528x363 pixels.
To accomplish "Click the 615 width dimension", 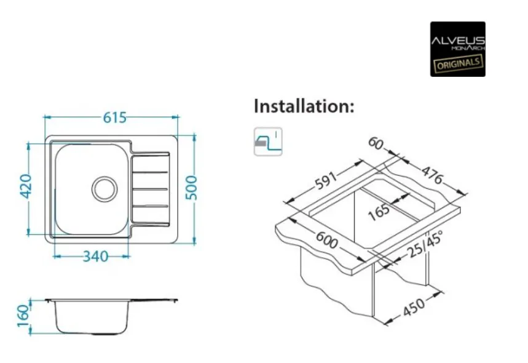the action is (114, 118).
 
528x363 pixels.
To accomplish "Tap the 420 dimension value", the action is (26, 186).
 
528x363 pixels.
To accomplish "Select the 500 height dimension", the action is (191, 188).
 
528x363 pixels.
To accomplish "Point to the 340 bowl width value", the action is (96, 257).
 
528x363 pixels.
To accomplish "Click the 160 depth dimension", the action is (23, 316).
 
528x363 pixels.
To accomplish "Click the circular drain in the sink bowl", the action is (104, 189).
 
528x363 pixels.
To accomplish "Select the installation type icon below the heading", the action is (268, 142).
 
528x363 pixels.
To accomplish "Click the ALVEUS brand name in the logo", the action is (458, 41).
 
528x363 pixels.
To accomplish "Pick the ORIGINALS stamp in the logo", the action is (458, 63).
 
